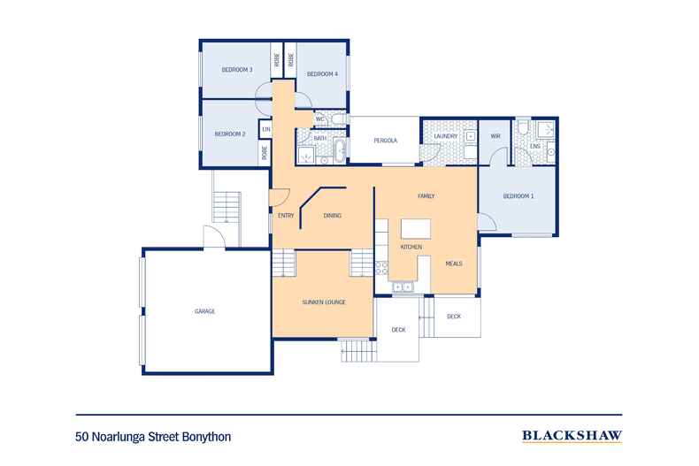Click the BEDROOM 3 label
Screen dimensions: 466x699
pos(238,70)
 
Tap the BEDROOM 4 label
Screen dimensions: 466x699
pos(322,74)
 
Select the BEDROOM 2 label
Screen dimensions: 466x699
pos(229,134)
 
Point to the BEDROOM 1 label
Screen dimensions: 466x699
pos(518,196)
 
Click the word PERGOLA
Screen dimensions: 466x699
pos(384,141)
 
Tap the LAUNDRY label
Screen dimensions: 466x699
pos(446,136)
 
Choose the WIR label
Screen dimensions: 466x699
pos(495,136)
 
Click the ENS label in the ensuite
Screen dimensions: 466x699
pos(534,146)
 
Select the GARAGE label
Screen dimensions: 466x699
pos(205,311)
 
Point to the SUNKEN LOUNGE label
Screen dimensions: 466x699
pos(323,302)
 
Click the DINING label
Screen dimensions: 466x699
pos(333,216)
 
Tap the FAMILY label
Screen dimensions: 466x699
pos(426,195)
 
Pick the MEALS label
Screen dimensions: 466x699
pos(454,263)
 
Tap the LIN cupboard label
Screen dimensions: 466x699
pos(265,130)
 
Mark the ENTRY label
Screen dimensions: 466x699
pos(285,216)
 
